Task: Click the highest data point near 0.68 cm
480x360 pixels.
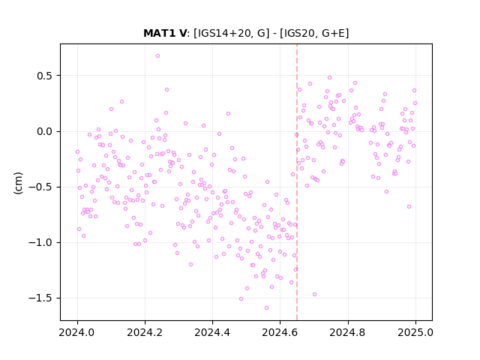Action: pos(157,56)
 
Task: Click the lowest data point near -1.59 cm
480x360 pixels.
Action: pos(266,308)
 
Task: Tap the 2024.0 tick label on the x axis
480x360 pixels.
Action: pos(77,332)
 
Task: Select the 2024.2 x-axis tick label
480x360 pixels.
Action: pos(145,332)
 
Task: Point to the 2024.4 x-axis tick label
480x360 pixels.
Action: pos(212,332)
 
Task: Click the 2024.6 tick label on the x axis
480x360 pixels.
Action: pos(280,332)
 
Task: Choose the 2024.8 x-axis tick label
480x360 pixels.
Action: pos(347,332)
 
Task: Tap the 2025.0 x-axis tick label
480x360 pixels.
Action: pos(415,332)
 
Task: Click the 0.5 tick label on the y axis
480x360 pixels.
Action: pos(45,76)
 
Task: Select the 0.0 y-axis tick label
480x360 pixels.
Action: pos(45,132)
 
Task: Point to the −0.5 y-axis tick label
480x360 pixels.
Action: pos(40,187)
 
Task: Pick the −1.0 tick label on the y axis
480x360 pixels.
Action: pos(40,243)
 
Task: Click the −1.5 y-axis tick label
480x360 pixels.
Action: pos(40,298)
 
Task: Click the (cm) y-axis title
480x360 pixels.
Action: pos(18,183)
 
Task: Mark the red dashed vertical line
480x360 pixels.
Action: pos(297,182)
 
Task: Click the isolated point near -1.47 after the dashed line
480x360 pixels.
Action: pos(314,295)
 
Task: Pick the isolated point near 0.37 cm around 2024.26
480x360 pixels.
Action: pos(166,90)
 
